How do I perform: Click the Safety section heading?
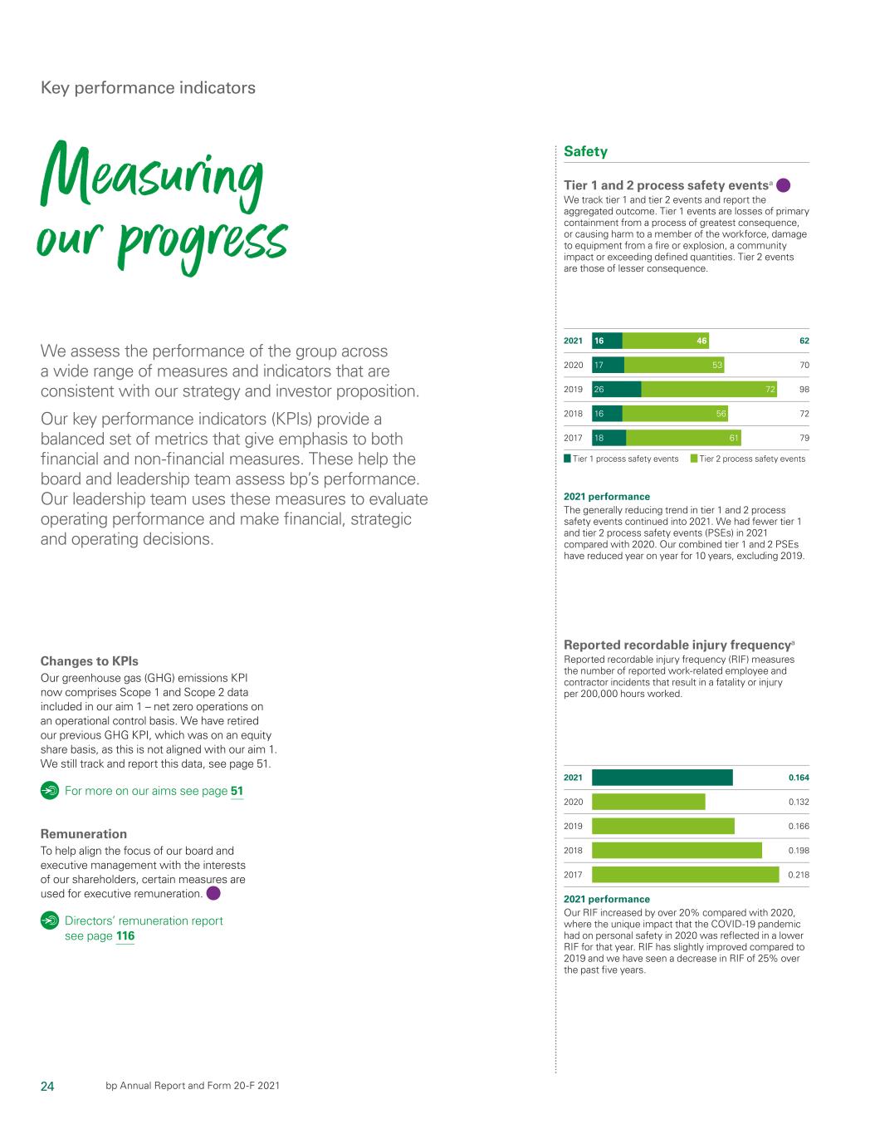[x=585, y=151]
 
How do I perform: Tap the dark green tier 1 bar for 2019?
[x=616, y=389]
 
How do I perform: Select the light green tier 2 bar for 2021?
[x=665, y=341]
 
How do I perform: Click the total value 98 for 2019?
[x=804, y=390]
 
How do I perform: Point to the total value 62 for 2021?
[x=804, y=341]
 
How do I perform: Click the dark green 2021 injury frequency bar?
[x=662, y=778]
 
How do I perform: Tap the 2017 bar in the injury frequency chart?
[x=685, y=875]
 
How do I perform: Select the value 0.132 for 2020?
[x=799, y=802]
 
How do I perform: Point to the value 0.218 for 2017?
[x=799, y=875]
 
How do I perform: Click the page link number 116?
[x=125, y=936]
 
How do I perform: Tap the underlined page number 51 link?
[x=237, y=791]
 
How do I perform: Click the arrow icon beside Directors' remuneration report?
[x=50, y=920]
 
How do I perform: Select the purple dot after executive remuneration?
[x=213, y=894]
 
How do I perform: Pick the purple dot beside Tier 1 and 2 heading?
[x=783, y=185]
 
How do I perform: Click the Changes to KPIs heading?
[x=90, y=661]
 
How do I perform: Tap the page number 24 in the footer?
[x=47, y=1086]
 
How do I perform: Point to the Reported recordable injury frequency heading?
[x=677, y=645]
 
